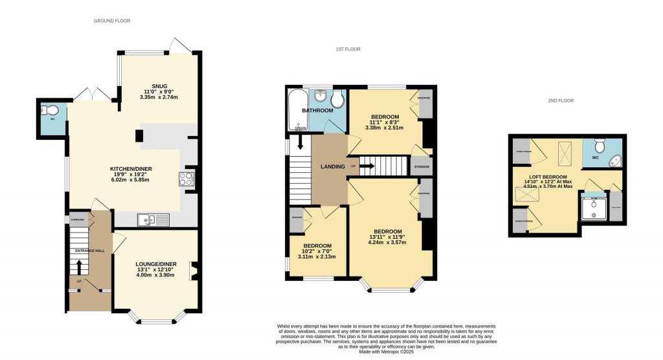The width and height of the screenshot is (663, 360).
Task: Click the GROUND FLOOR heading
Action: pyautogui.click(x=112, y=21)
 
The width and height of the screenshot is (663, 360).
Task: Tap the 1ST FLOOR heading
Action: pyautogui.click(x=348, y=49)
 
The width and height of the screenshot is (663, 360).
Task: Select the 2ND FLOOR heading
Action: pyautogui.click(x=561, y=100)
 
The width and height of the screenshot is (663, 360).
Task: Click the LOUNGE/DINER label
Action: pyautogui.click(x=156, y=264)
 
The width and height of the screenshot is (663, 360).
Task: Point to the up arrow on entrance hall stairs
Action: pyautogui.click(x=79, y=266)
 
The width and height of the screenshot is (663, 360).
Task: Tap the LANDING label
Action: pyautogui.click(x=332, y=166)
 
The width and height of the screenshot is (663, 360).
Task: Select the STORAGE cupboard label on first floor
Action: pyautogui.click(x=421, y=166)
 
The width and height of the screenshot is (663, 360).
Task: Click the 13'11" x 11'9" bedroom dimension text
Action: pyautogui.click(x=387, y=238)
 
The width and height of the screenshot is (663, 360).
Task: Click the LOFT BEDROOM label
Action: pyautogui.click(x=548, y=177)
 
